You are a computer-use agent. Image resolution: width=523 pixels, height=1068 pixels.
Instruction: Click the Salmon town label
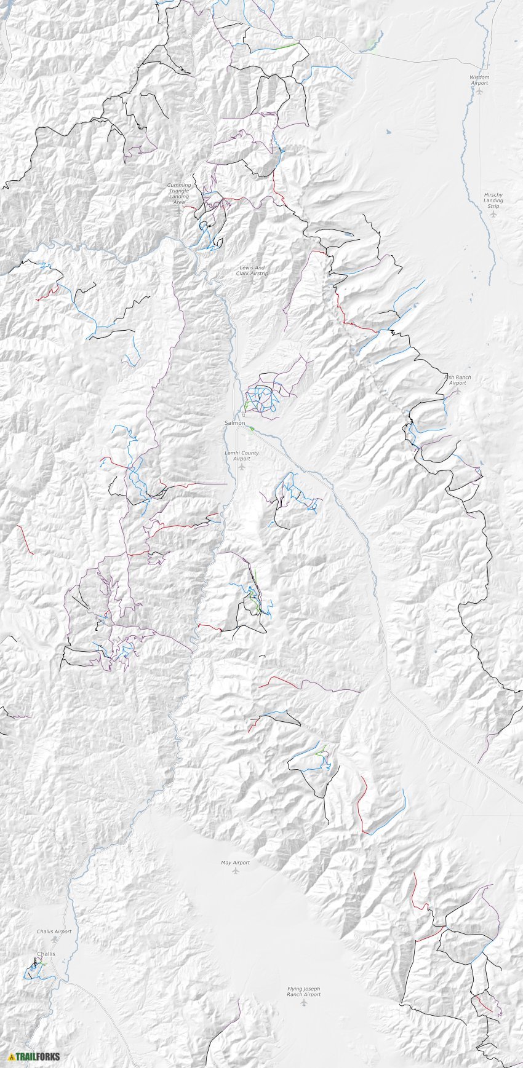click(x=234, y=423)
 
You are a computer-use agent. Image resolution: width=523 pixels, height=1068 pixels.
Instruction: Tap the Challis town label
click(x=46, y=954)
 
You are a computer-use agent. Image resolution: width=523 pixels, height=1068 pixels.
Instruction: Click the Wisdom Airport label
click(x=479, y=80)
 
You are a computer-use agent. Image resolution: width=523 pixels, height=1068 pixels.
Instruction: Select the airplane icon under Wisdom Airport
click(x=479, y=91)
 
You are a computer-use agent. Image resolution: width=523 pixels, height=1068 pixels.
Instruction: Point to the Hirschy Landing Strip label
click(x=493, y=200)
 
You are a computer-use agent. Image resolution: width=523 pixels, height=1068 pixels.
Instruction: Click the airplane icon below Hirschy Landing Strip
click(x=493, y=214)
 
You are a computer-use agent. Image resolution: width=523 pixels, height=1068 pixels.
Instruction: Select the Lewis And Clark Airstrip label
click(x=252, y=270)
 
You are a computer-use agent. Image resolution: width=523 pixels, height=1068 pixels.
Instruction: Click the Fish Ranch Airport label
click(x=457, y=380)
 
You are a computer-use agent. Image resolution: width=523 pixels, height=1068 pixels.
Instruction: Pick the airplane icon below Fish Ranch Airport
click(x=457, y=390)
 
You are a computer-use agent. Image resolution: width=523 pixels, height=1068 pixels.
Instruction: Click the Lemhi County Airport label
click(x=242, y=456)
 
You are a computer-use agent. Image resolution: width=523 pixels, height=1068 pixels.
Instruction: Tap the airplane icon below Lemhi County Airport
click(x=242, y=467)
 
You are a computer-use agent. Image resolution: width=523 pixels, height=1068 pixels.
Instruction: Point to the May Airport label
click(x=235, y=863)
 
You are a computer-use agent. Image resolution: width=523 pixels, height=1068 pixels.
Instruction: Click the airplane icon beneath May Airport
click(x=235, y=871)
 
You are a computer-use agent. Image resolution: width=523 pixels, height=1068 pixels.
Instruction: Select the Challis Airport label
click(x=54, y=931)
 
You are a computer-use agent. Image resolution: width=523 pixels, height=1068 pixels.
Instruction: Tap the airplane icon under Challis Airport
click(x=54, y=939)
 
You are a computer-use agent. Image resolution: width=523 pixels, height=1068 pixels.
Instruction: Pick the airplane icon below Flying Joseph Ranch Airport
click(x=304, y=1002)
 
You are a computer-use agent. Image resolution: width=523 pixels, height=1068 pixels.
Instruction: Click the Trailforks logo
click(x=34, y=1056)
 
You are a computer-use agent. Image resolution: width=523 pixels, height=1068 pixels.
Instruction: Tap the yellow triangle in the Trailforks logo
click(x=11, y=1056)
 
